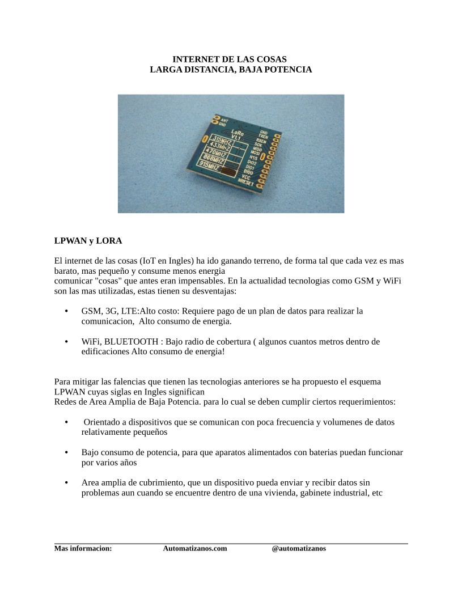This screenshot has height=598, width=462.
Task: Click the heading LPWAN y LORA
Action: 88,240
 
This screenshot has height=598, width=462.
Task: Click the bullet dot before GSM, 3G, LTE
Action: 67,311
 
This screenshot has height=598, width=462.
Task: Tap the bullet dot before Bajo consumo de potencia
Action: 67,452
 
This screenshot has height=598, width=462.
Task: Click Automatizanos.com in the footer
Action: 195,548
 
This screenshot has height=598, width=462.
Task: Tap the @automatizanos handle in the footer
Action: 299,548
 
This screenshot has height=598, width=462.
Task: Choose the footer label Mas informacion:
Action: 83,548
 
